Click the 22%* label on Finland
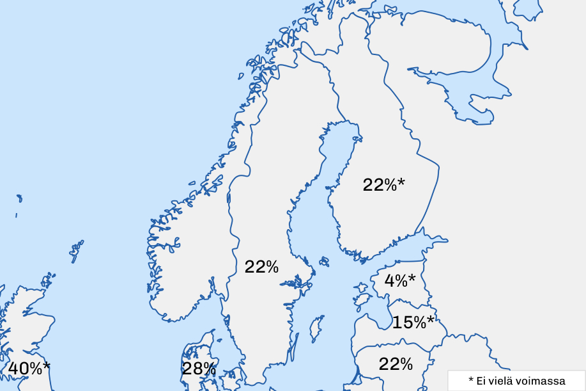point(383,185)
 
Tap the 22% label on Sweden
point(261,267)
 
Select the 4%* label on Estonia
point(399,280)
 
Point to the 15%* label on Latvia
point(413,323)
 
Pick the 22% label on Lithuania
point(396,364)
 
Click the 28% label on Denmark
point(199,369)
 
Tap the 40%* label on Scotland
point(29,369)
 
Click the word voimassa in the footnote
point(544,381)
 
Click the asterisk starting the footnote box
point(470,380)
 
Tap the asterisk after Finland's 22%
point(401,182)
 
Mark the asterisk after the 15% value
point(431,320)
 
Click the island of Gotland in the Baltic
point(317,328)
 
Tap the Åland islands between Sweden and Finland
point(323,261)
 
